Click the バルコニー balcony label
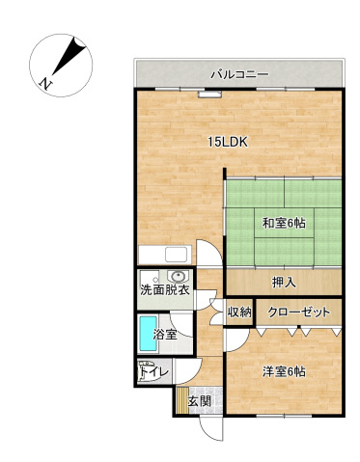(x=238, y=73)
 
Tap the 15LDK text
(x=229, y=142)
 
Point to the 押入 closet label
(x=283, y=282)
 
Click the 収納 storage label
(x=239, y=312)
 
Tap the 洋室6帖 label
(x=283, y=371)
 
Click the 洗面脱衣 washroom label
(x=163, y=289)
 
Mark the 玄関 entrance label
(x=200, y=400)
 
